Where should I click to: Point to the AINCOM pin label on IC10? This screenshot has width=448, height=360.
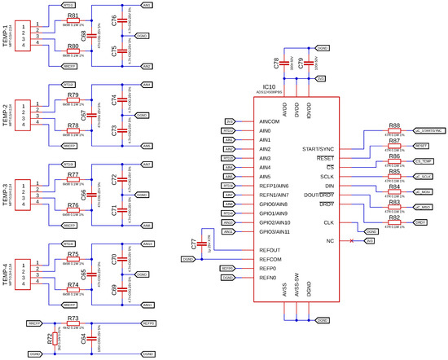(270, 121)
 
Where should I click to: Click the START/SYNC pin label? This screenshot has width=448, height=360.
(316, 149)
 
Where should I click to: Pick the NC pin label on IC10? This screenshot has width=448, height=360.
(329, 241)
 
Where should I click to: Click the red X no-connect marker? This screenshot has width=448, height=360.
(352, 241)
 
